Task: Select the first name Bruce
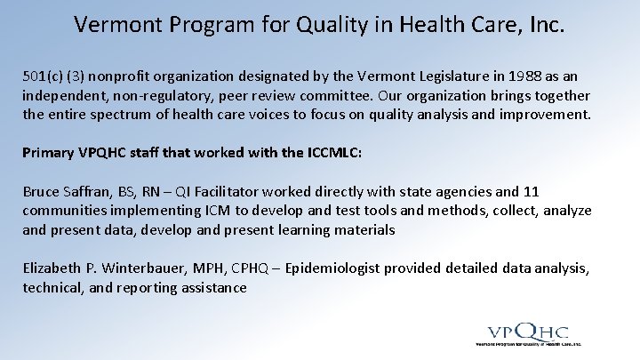point(42,191)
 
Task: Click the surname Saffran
point(93,191)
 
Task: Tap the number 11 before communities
point(531,191)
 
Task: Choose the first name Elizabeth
point(53,268)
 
